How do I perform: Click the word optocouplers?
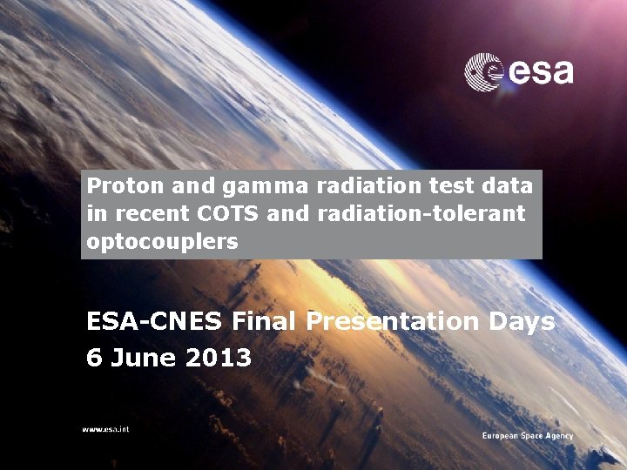coord(162,242)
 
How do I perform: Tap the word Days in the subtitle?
coord(522,321)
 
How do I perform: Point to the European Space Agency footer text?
coord(528,435)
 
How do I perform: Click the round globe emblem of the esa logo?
coord(483,71)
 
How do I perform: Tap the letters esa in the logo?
coord(540,71)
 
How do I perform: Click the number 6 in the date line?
coord(93,357)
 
